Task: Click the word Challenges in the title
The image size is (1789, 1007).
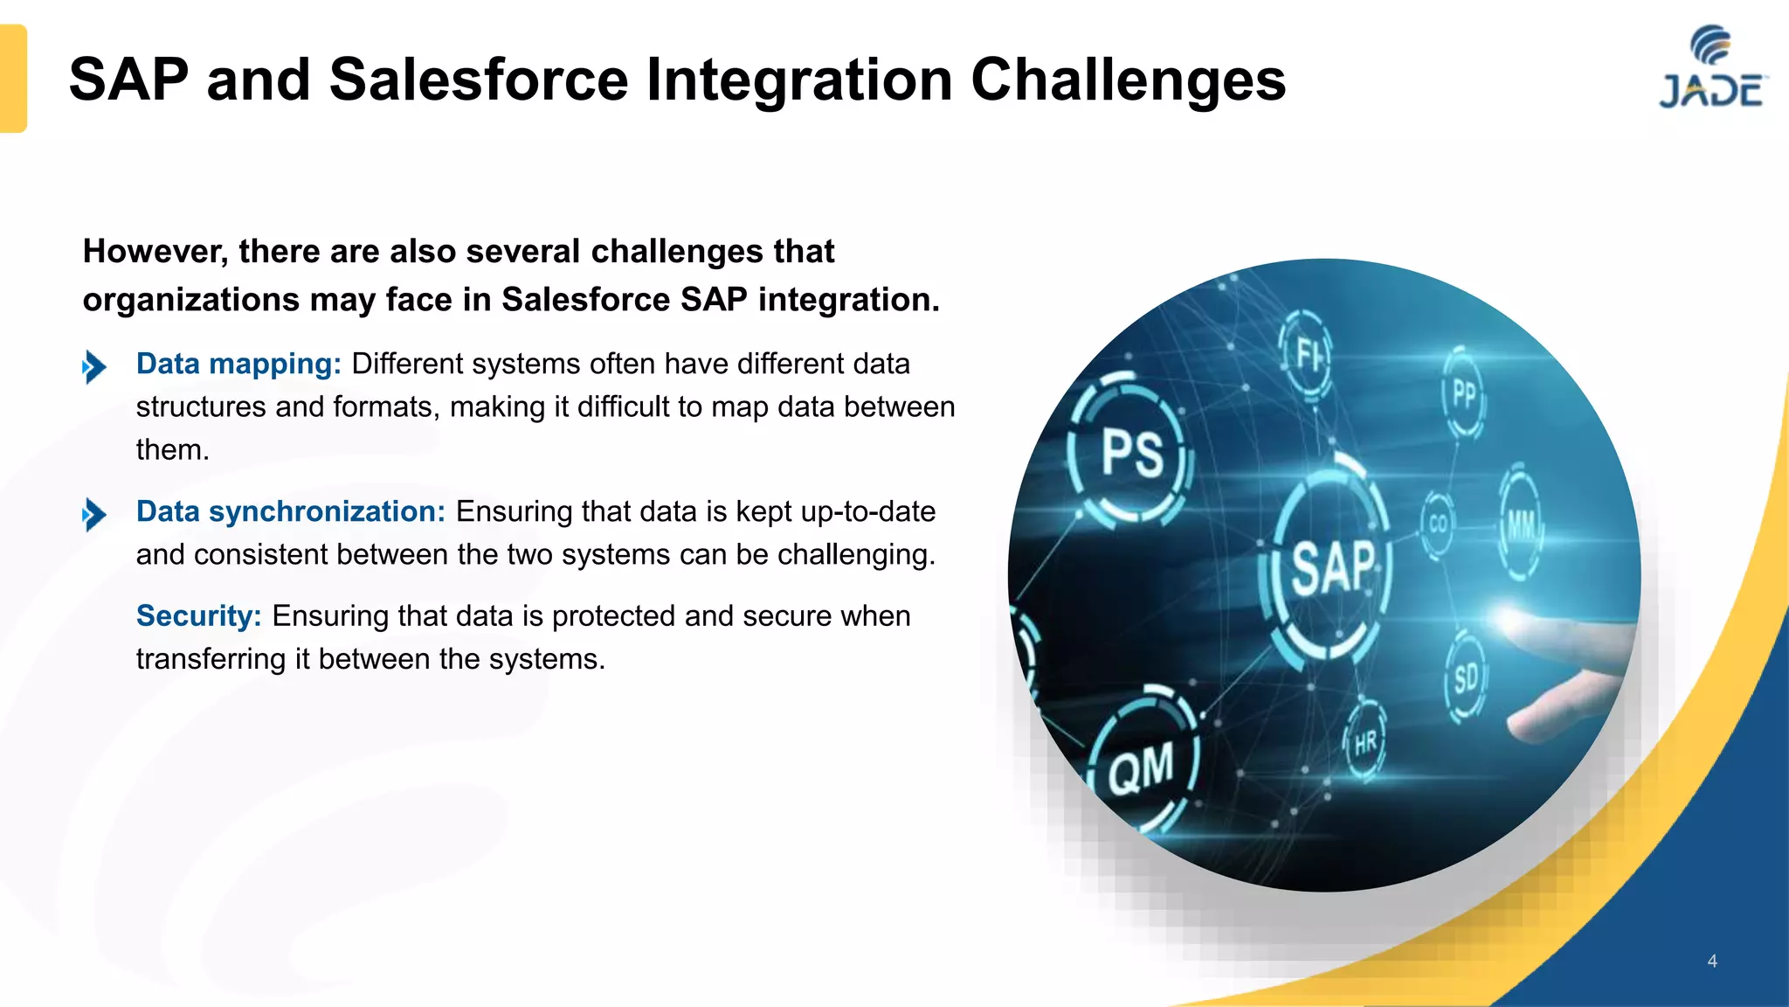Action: click(1128, 80)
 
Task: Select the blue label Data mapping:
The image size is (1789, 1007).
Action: click(238, 364)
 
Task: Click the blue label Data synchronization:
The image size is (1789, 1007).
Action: click(291, 511)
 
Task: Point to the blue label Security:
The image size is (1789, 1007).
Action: click(198, 616)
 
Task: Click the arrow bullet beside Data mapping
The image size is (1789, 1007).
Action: click(94, 366)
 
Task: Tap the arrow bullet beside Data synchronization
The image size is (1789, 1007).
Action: click(94, 514)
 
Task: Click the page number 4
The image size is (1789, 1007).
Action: click(1712, 961)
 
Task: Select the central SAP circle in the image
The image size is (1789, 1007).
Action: click(1330, 567)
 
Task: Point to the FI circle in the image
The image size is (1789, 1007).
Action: click(1308, 354)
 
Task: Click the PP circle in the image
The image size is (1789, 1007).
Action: click(1463, 393)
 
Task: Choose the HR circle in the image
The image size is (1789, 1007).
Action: click(1364, 743)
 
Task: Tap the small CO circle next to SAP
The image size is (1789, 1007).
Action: click(1437, 524)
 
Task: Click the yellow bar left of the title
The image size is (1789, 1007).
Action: click(13, 79)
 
